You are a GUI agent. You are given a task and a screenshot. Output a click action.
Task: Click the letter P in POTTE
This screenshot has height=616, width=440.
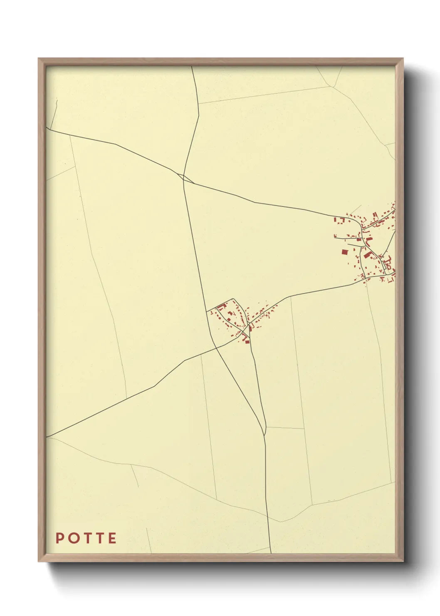[x=59, y=538]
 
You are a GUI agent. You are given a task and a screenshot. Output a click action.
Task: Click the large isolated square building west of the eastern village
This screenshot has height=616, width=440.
[x=344, y=252]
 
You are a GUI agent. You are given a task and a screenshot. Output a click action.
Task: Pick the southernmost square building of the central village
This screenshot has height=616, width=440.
[x=247, y=341]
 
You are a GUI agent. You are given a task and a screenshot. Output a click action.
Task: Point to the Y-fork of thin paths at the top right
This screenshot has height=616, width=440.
[x=334, y=87]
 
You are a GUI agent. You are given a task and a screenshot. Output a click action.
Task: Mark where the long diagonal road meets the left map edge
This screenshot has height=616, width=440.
[x=47, y=437]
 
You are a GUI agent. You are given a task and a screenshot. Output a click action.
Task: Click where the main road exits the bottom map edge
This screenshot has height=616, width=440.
[x=271, y=553]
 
